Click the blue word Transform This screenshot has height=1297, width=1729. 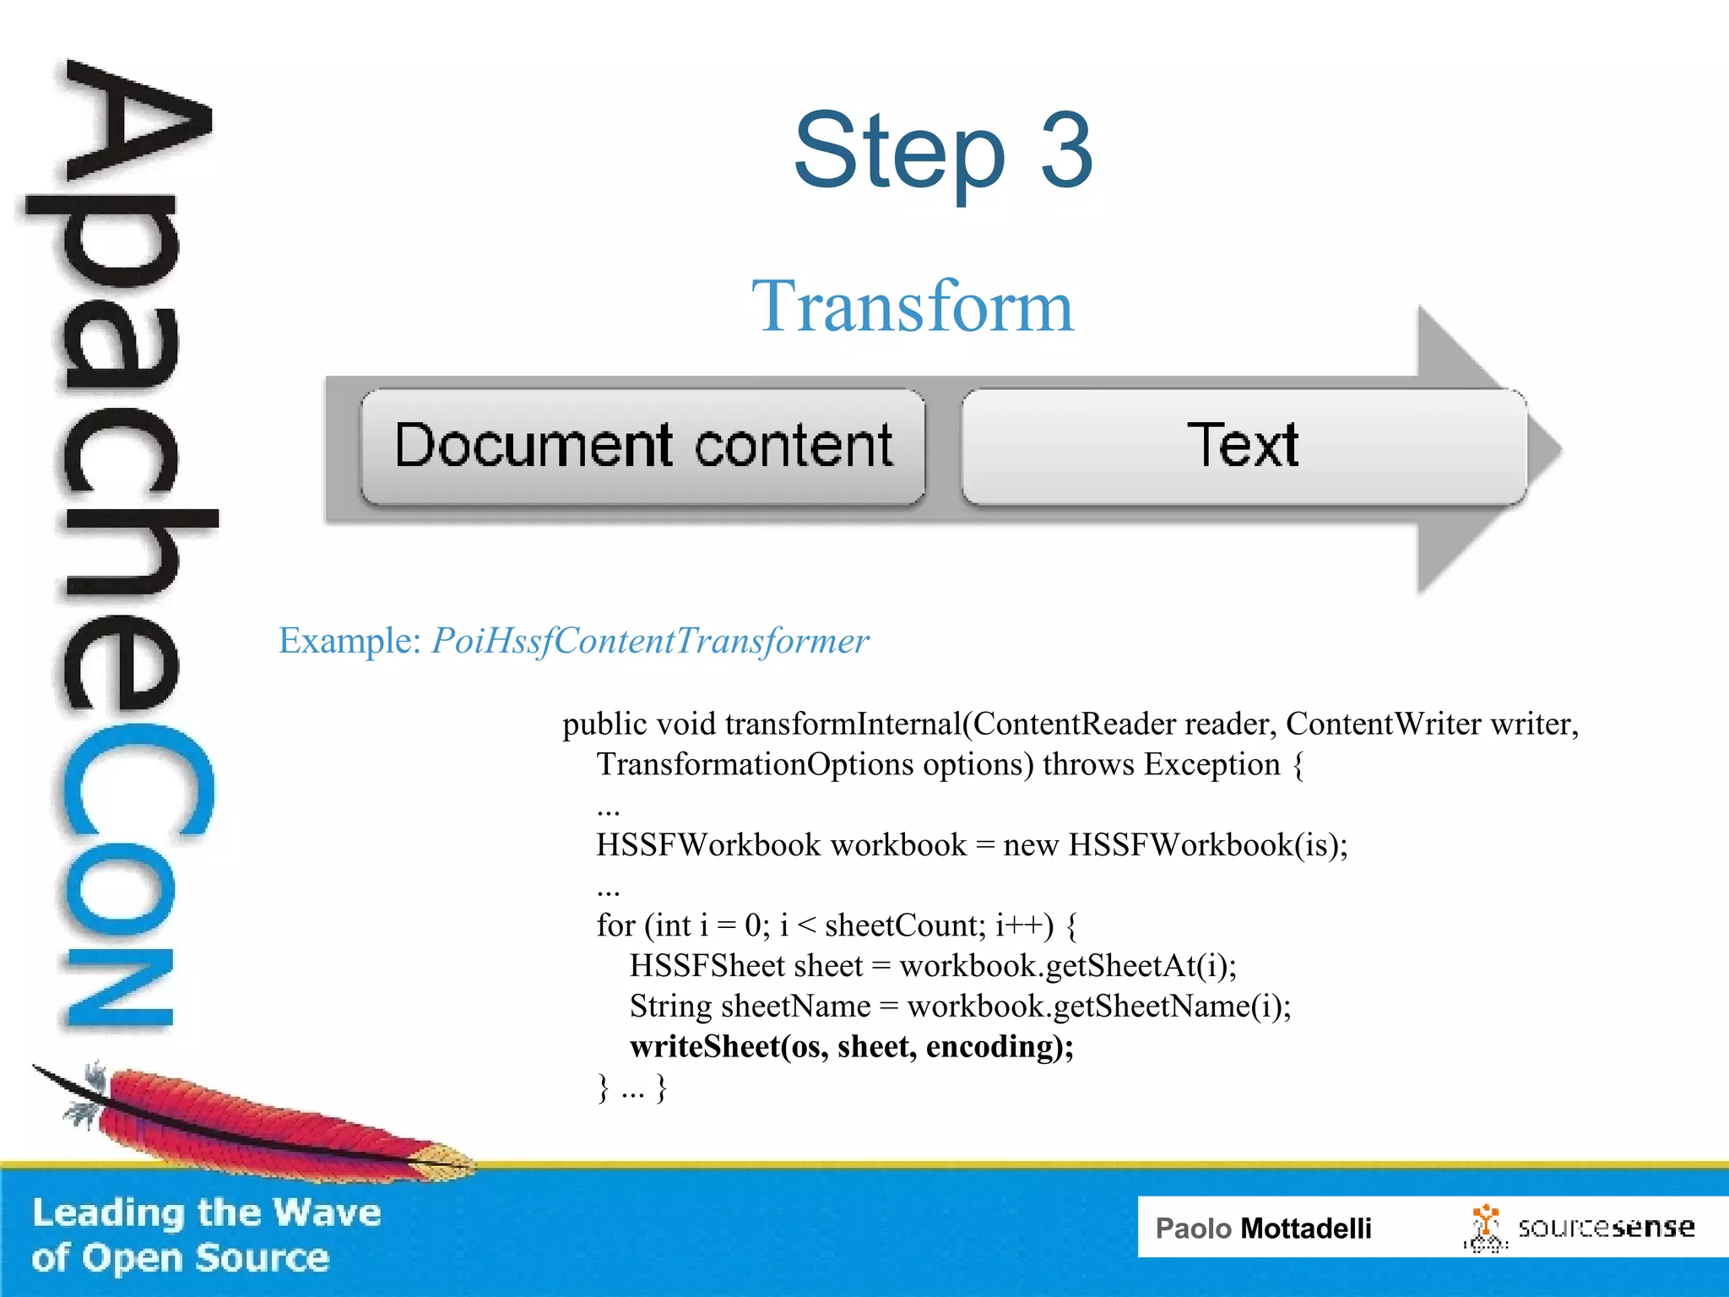click(913, 307)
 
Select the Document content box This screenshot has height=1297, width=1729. click(642, 447)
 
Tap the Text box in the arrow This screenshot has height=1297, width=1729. click(1243, 447)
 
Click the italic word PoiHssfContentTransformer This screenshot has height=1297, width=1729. click(650, 641)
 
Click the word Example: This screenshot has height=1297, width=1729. click(350, 641)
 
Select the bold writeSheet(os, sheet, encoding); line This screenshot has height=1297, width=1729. click(851, 1047)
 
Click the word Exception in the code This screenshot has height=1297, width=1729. click(1211, 764)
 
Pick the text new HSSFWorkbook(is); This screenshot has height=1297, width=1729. click(1175, 845)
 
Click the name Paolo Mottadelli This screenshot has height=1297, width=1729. click(1263, 1228)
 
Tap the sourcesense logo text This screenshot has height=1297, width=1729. click(1605, 1227)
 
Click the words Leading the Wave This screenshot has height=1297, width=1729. click(207, 1213)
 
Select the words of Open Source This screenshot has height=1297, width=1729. click(180, 1258)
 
